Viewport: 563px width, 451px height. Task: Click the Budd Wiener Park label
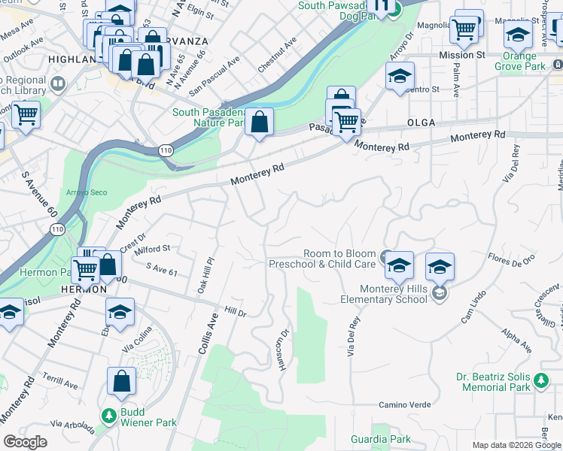click(x=148, y=422)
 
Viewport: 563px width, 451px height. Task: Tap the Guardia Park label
click(x=381, y=439)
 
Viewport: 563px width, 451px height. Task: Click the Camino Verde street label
click(x=404, y=405)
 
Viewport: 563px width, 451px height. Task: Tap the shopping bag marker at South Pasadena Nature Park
click(x=259, y=122)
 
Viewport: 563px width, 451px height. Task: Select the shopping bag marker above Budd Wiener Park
click(x=121, y=383)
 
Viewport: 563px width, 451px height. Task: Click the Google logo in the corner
click(x=25, y=441)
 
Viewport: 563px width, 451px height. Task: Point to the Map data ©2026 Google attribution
click(x=516, y=445)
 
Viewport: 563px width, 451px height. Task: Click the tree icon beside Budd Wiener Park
click(x=109, y=415)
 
